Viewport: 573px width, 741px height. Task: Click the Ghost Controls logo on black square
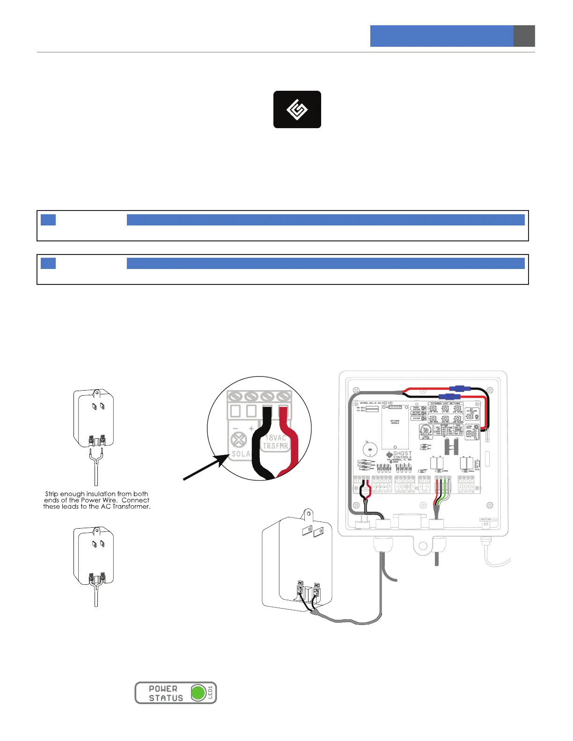click(297, 109)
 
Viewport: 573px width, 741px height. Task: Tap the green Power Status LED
click(198, 693)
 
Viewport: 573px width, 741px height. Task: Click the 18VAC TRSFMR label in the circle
click(275, 442)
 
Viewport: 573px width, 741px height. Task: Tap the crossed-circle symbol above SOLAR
click(239, 440)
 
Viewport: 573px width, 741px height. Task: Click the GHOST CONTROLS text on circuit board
click(402, 455)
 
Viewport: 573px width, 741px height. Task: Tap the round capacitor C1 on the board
click(370, 450)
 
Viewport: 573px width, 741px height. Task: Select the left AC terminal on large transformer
click(300, 589)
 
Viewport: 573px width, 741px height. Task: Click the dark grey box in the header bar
click(524, 36)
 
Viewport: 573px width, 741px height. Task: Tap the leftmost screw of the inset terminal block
click(236, 397)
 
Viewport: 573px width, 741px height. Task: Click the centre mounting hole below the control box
click(423, 546)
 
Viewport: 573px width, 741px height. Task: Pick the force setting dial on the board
click(426, 430)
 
